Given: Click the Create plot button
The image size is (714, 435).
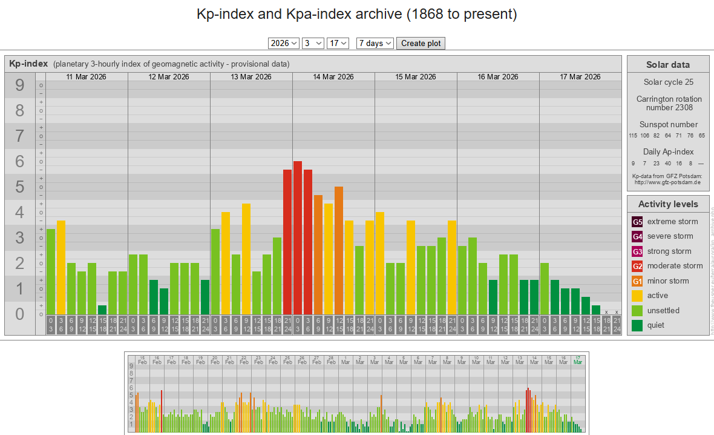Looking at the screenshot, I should coord(421,43).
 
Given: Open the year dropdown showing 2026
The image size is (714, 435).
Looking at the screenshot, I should coord(284,43).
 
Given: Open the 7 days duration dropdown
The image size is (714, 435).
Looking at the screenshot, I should coord(375,43).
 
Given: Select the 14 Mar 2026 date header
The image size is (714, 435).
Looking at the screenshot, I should coord(333,77).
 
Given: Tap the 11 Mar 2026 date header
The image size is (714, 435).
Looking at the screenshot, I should coord(87,77).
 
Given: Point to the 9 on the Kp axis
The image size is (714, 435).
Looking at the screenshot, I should coord(20,85).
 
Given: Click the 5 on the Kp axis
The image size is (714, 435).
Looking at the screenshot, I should coord(20,187).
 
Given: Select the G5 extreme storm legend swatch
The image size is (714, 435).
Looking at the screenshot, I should coord(637,222).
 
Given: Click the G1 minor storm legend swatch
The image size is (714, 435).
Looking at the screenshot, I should coord(637,281).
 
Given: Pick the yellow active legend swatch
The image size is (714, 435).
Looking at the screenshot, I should coord(637,296).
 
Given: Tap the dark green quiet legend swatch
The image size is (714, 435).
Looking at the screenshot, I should coord(637,325).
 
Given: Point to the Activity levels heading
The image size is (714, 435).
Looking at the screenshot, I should coord(667,204).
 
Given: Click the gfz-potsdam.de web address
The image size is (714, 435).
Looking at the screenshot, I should coord(667,182).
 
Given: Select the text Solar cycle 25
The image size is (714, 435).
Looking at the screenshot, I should coord(667,82).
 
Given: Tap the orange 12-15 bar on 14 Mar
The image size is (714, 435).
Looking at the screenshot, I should coord(339,251).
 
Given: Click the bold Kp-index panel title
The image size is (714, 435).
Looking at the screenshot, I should coord(28,64).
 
